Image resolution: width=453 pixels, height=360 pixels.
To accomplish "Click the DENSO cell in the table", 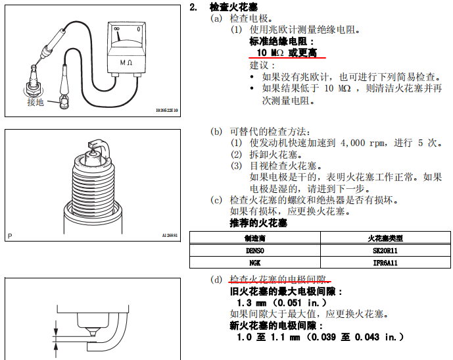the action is click(255, 250).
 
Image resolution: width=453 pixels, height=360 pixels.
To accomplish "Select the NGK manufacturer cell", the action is click(255, 263).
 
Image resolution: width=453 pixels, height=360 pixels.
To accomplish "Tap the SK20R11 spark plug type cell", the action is click(385, 250).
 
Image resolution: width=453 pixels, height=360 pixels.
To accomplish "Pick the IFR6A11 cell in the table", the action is click(385, 263).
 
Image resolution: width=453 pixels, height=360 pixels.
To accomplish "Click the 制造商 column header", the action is click(255, 238).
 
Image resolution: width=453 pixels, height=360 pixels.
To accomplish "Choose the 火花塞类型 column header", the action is click(385, 238).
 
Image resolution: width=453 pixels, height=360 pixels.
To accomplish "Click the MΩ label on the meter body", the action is click(126, 62).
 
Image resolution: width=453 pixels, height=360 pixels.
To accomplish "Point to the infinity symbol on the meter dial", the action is click(116, 29).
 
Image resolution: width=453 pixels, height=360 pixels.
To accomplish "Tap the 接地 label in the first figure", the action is click(36, 102).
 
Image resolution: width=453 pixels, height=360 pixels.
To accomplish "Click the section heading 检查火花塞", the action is click(233, 7).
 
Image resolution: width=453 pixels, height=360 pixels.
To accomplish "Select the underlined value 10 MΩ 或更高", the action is click(287, 53).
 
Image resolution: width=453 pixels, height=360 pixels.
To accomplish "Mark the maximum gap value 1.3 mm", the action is click(251, 303).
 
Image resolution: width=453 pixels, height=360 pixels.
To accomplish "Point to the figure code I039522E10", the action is click(167, 111).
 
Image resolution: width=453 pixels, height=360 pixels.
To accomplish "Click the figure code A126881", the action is click(170, 236).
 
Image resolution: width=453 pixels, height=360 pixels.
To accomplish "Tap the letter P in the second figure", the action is click(10, 236).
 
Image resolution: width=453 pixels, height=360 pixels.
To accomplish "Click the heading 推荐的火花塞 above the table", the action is click(258, 223).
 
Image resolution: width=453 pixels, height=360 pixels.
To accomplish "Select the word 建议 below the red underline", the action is click(259, 65).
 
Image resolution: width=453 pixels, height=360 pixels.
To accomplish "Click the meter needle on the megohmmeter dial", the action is click(118, 36).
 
